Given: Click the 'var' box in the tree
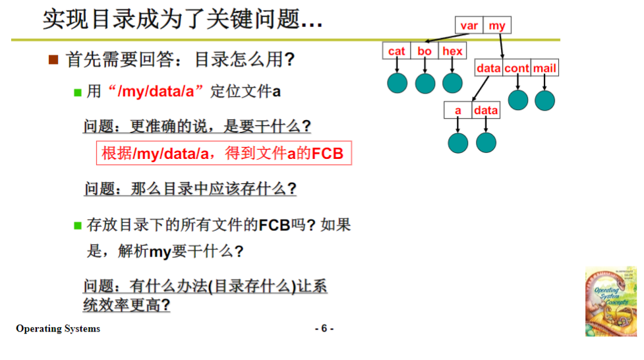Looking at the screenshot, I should point(469,26).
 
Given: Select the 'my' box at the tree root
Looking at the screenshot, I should point(497,26).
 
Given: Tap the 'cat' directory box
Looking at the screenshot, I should point(397,51).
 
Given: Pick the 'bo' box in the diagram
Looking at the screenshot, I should point(424,51).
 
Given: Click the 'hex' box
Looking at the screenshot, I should point(452,51).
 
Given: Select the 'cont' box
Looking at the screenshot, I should point(517,68).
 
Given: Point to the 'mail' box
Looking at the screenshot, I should point(544,68).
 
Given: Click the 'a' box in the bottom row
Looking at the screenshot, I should point(458,110).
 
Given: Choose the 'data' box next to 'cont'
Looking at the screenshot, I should point(489,68).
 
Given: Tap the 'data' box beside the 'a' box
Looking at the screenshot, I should point(486,110).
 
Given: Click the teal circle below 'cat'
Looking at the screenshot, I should point(397,83).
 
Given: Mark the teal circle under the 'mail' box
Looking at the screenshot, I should point(544,100).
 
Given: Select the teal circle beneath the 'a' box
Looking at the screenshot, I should point(458,142).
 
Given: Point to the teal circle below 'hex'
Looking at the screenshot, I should point(452,83).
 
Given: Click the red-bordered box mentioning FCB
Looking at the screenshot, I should point(224,154).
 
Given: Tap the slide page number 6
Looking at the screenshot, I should point(324,328).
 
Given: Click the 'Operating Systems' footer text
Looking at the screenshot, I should point(58,328).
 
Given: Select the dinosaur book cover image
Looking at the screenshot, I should point(611,303).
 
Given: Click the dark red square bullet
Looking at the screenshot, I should point(54,60).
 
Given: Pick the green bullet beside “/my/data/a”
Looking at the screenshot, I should point(77,92).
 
